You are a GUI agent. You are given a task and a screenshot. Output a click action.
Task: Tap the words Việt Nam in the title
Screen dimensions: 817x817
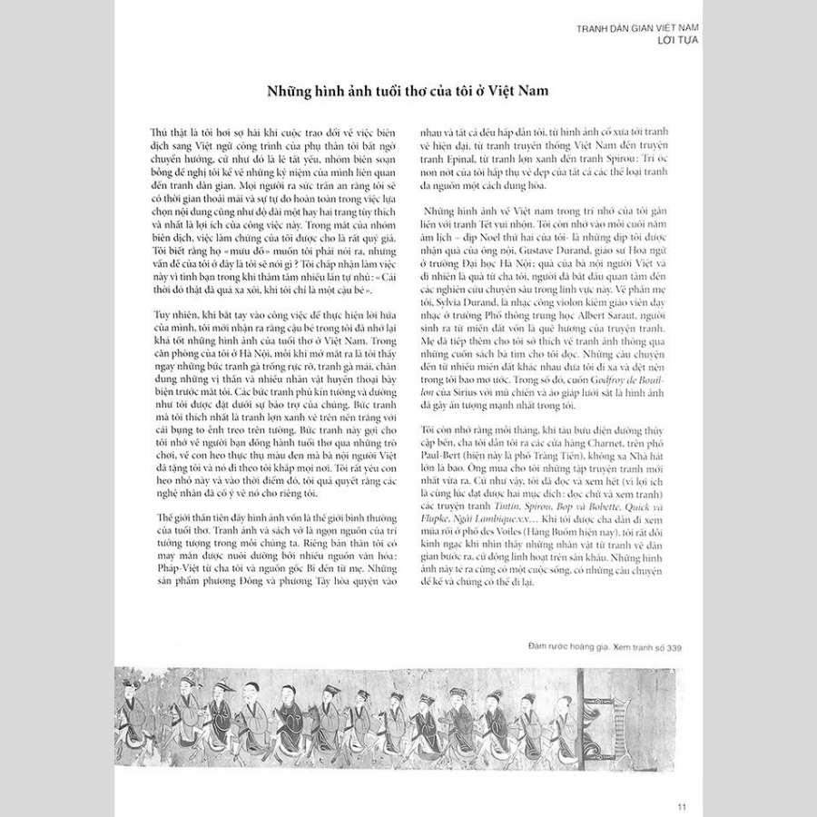point(517,93)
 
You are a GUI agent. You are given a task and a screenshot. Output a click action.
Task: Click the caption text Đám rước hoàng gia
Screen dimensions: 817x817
point(566,647)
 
